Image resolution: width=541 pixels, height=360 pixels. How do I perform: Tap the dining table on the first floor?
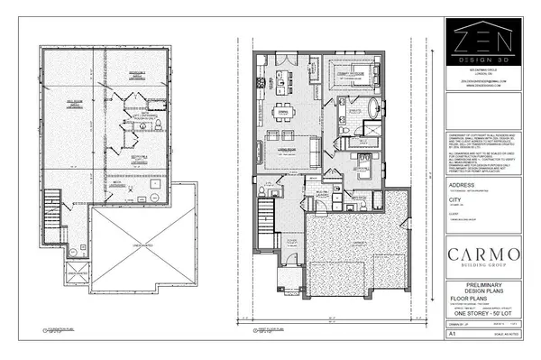(286, 113)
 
